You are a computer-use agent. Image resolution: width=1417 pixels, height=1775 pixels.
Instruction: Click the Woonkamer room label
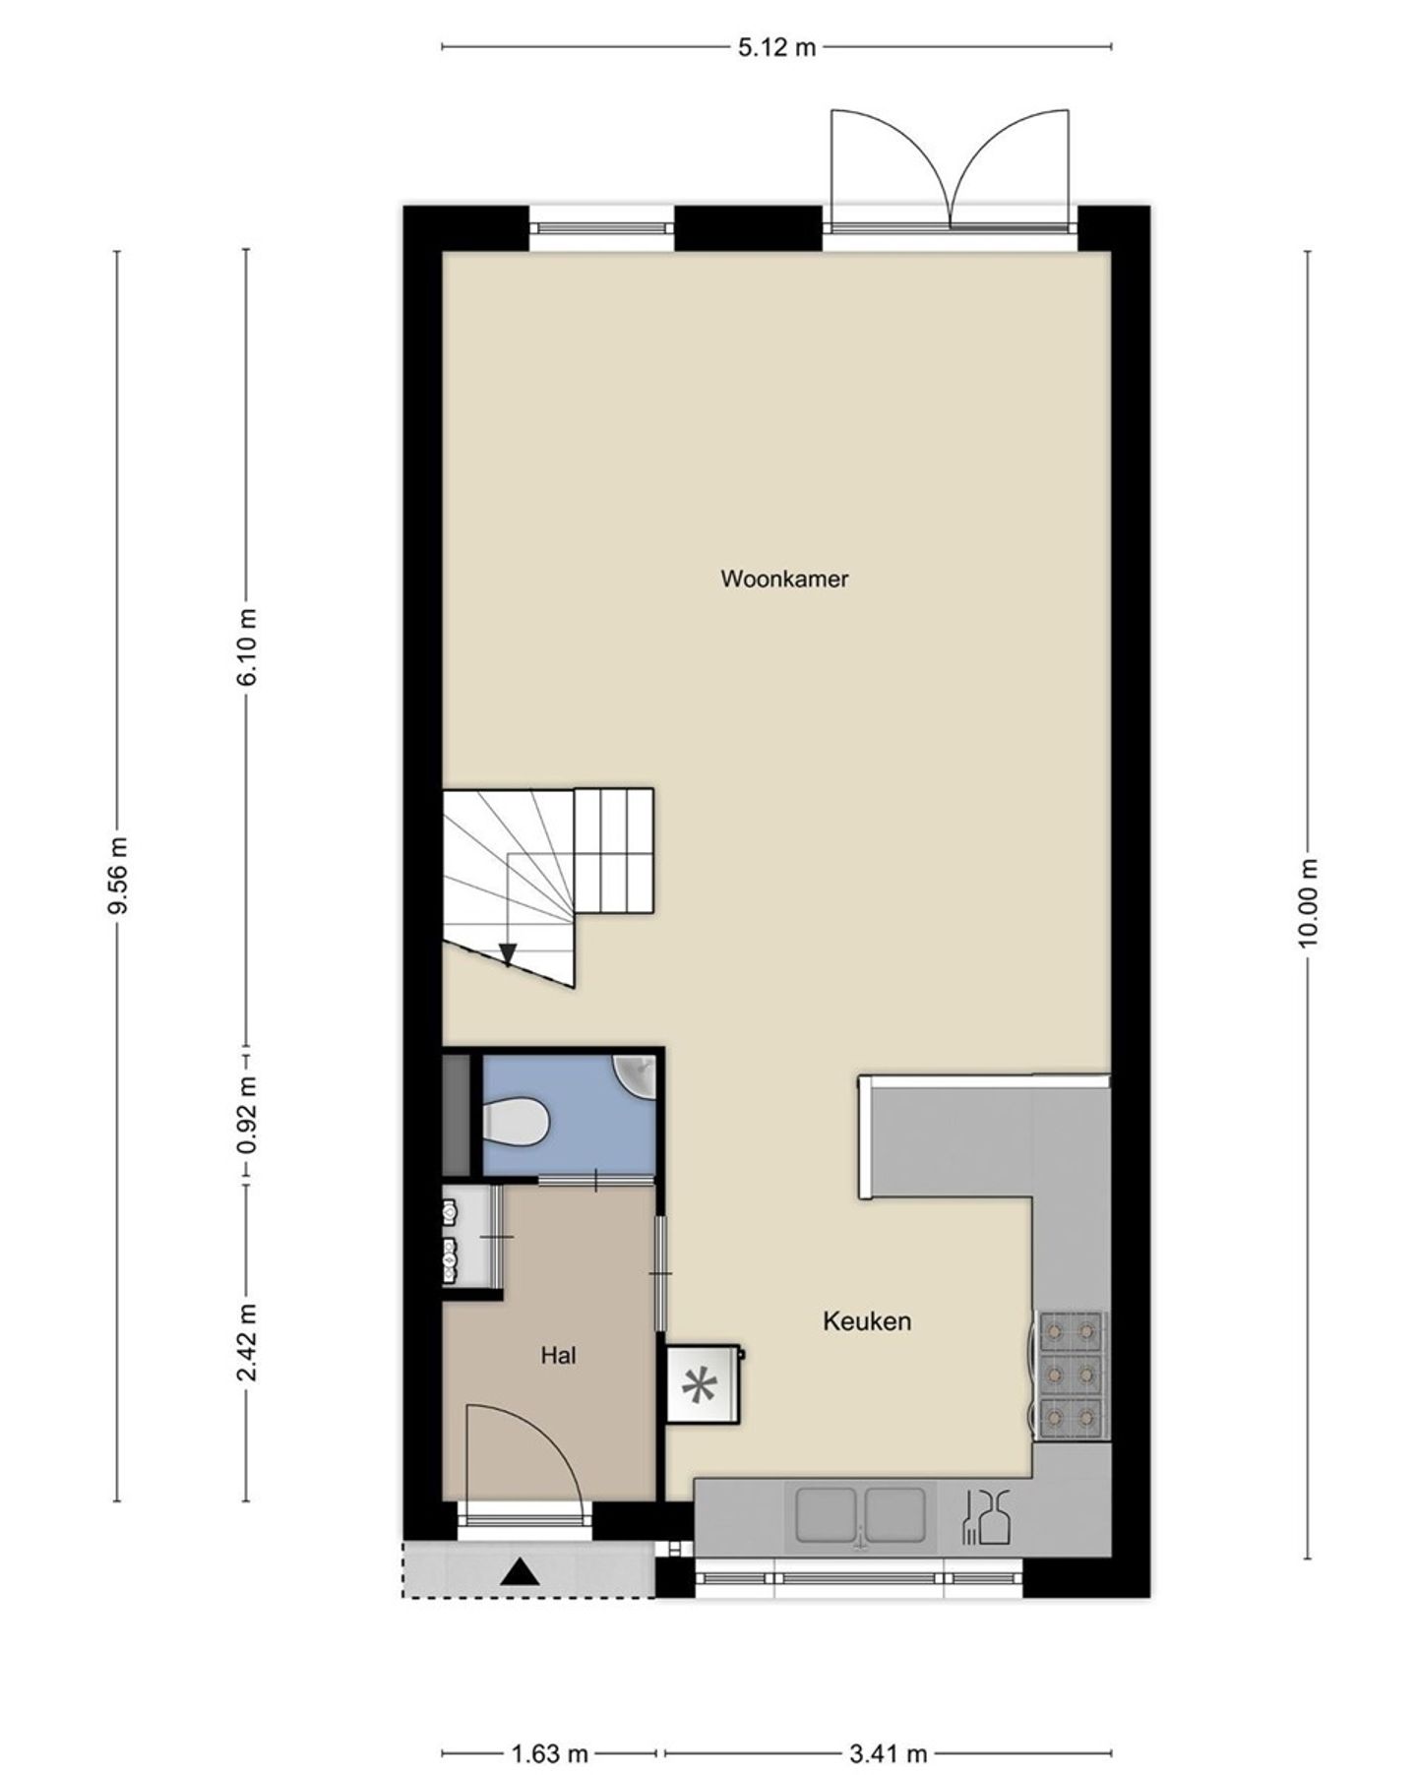click(784, 579)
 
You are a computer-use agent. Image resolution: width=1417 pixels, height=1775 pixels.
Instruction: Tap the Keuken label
click(867, 1320)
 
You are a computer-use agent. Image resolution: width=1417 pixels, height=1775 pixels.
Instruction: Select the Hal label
click(558, 1355)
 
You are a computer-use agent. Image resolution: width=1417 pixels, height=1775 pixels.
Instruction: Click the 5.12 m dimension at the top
click(777, 46)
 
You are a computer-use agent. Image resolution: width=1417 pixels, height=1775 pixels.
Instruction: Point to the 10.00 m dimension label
click(1308, 902)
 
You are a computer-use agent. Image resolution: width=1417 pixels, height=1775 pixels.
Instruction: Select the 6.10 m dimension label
click(246, 646)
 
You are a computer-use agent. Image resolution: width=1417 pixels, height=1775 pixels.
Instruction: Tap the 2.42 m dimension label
click(246, 1342)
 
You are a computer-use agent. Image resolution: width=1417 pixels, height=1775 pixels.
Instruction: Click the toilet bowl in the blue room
click(515, 1122)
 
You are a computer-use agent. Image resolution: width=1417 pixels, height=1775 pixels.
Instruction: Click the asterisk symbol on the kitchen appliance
click(700, 1387)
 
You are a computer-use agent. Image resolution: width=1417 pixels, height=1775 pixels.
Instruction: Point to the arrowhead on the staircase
click(508, 953)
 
